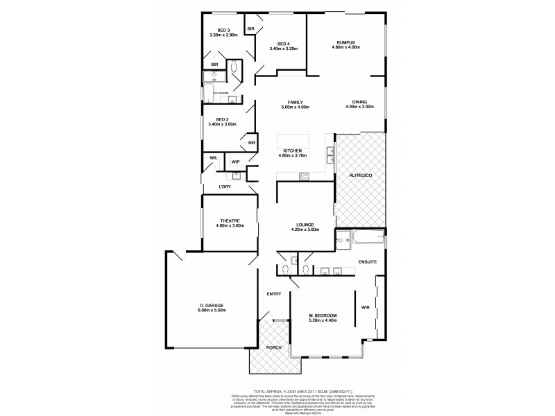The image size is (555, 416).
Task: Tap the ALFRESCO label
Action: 360,176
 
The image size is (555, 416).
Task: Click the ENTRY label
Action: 274,294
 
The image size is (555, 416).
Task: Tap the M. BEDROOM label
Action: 323,318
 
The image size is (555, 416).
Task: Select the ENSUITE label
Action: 367,261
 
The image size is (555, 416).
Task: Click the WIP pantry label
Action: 236,162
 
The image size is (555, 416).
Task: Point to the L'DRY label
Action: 225,187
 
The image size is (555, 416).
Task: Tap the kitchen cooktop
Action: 304,177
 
